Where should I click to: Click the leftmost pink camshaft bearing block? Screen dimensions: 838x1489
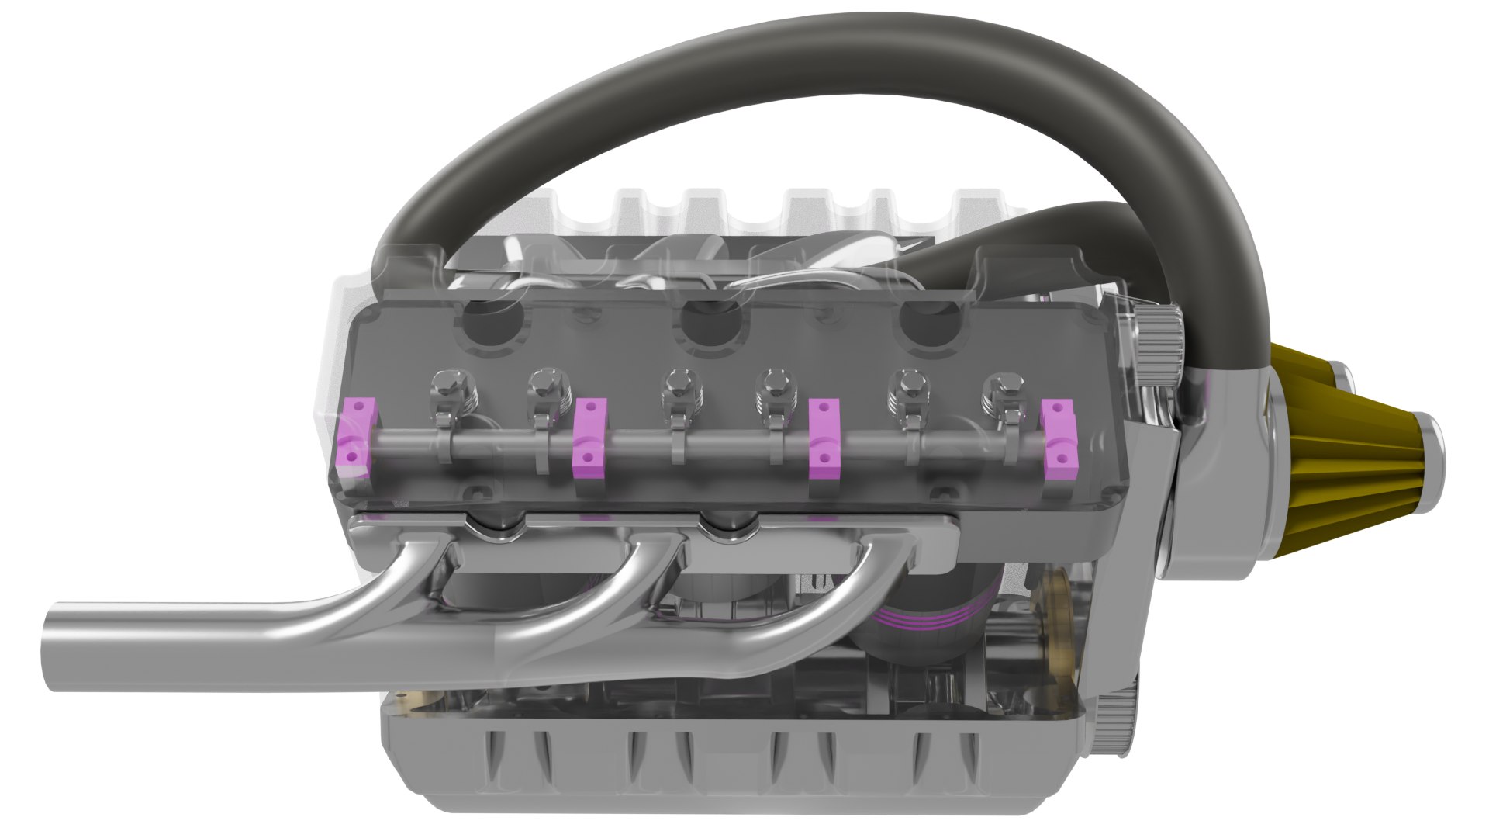[356, 438]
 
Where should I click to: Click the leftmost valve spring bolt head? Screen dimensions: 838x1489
[447, 383]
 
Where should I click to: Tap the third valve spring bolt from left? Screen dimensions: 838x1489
[679, 383]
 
